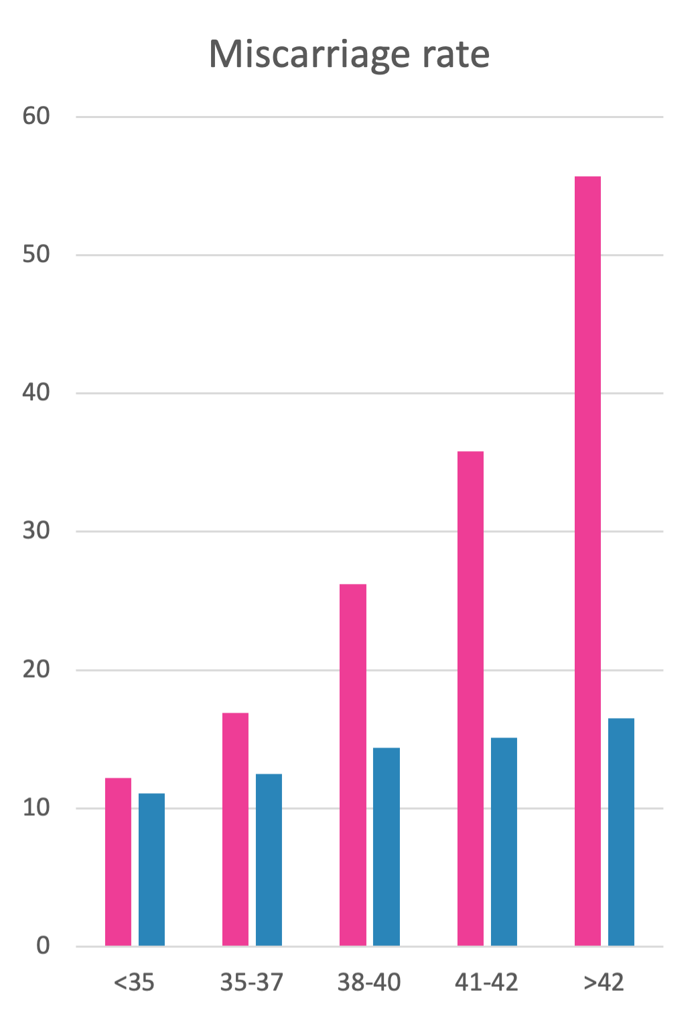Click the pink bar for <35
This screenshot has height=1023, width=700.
pos(118,861)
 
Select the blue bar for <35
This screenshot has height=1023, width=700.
pos(151,869)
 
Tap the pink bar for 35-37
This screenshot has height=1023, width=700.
pos(235,829)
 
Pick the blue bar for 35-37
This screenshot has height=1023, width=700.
pos(269,859)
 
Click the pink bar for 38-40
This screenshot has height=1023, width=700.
pos(352,765)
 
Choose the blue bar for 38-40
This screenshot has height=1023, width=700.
pos(386,847)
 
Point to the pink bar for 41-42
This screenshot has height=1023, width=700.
pos(470,699)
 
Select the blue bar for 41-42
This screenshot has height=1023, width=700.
pos(504,841)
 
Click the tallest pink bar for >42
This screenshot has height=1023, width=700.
pos(587,561)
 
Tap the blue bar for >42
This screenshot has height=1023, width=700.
pos(621,832)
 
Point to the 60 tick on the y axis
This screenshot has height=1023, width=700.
pos(36,117)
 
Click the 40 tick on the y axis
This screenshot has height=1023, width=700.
pos(36,393)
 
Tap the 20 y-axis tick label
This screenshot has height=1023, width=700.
pos(36,669)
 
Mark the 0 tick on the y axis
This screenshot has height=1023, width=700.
pos(43,946)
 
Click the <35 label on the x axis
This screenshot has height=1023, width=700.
pos(134,983)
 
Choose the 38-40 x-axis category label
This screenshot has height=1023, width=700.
pos(369,983)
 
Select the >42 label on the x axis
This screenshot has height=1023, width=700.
pos(604,983)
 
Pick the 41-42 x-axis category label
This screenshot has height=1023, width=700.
pos(486,983)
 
